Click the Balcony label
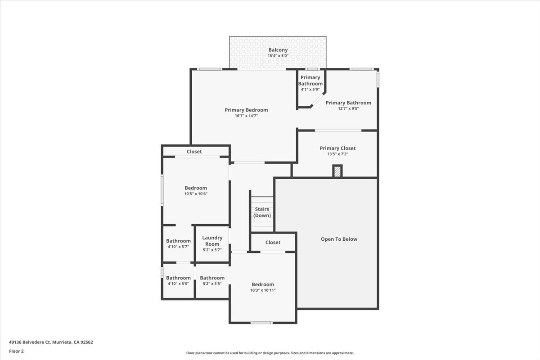click(278, 50)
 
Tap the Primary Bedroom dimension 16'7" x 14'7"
click(246, 116)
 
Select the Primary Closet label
click(337, 148)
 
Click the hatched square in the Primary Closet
click(337, 171)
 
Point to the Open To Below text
click(339, 239)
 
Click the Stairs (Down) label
click(262, 212)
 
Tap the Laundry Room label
click(212, 241)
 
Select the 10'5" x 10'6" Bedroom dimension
click(196, 194)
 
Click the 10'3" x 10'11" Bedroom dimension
click(263, 290)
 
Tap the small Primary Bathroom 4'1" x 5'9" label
click(310, 83)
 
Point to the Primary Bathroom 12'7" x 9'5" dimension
click(348, 108)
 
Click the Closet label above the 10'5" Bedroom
click(194, 152)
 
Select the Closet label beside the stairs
click(273, 242)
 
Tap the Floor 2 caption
click(16, 351)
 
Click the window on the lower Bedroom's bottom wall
click(261, 323)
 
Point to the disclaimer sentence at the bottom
click(270, 353)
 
